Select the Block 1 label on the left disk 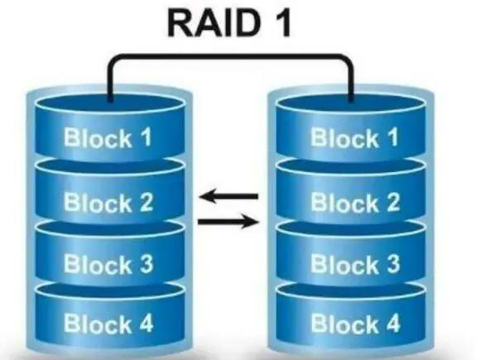coord(108,137)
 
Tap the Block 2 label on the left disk coord(108,201)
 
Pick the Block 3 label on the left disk coord(108,265)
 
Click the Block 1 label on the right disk coord(355,137)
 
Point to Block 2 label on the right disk coord(355,201)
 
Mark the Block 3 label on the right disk coord(355,265)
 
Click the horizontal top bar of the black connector coord(232,56)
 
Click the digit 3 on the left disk coord(144,265)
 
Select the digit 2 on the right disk coord(391,201)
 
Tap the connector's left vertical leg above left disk coord(110,79)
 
